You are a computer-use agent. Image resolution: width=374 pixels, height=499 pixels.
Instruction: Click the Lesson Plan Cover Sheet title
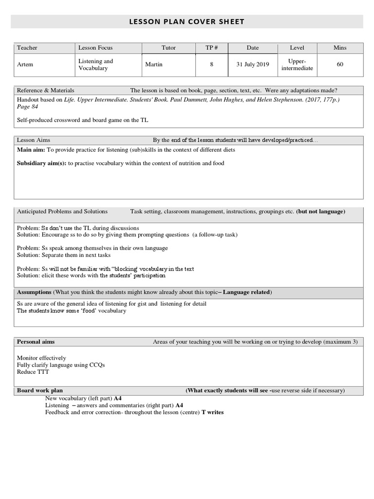187,21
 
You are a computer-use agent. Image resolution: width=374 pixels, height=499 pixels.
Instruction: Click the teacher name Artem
25,65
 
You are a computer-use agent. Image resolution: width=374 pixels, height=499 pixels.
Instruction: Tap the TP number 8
212,65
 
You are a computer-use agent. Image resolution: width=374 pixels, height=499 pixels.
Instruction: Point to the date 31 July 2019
253,65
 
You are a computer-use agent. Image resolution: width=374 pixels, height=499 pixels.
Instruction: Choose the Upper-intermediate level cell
297,65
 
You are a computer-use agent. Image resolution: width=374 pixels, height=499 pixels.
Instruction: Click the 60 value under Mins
340,65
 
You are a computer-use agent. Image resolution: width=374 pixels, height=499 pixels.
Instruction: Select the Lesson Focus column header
95,48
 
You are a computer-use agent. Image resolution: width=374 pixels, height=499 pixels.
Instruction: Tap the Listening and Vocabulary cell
95,65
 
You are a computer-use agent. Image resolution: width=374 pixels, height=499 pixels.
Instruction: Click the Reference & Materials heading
46,90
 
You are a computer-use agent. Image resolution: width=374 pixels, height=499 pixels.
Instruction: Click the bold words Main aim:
31,150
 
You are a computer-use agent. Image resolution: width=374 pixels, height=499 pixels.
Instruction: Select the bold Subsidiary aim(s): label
42,163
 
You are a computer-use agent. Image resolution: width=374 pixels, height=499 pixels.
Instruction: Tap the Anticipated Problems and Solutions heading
62,211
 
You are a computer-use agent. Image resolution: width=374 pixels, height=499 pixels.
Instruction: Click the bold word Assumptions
34,292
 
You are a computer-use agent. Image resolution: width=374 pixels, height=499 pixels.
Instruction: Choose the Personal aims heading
36,342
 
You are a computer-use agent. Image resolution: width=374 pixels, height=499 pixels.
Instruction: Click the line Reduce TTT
33,372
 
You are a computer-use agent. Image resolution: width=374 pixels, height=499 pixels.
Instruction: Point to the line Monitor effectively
41,358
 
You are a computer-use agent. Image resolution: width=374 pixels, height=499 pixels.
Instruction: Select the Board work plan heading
40,390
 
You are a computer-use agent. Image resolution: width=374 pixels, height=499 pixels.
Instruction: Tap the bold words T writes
212,412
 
